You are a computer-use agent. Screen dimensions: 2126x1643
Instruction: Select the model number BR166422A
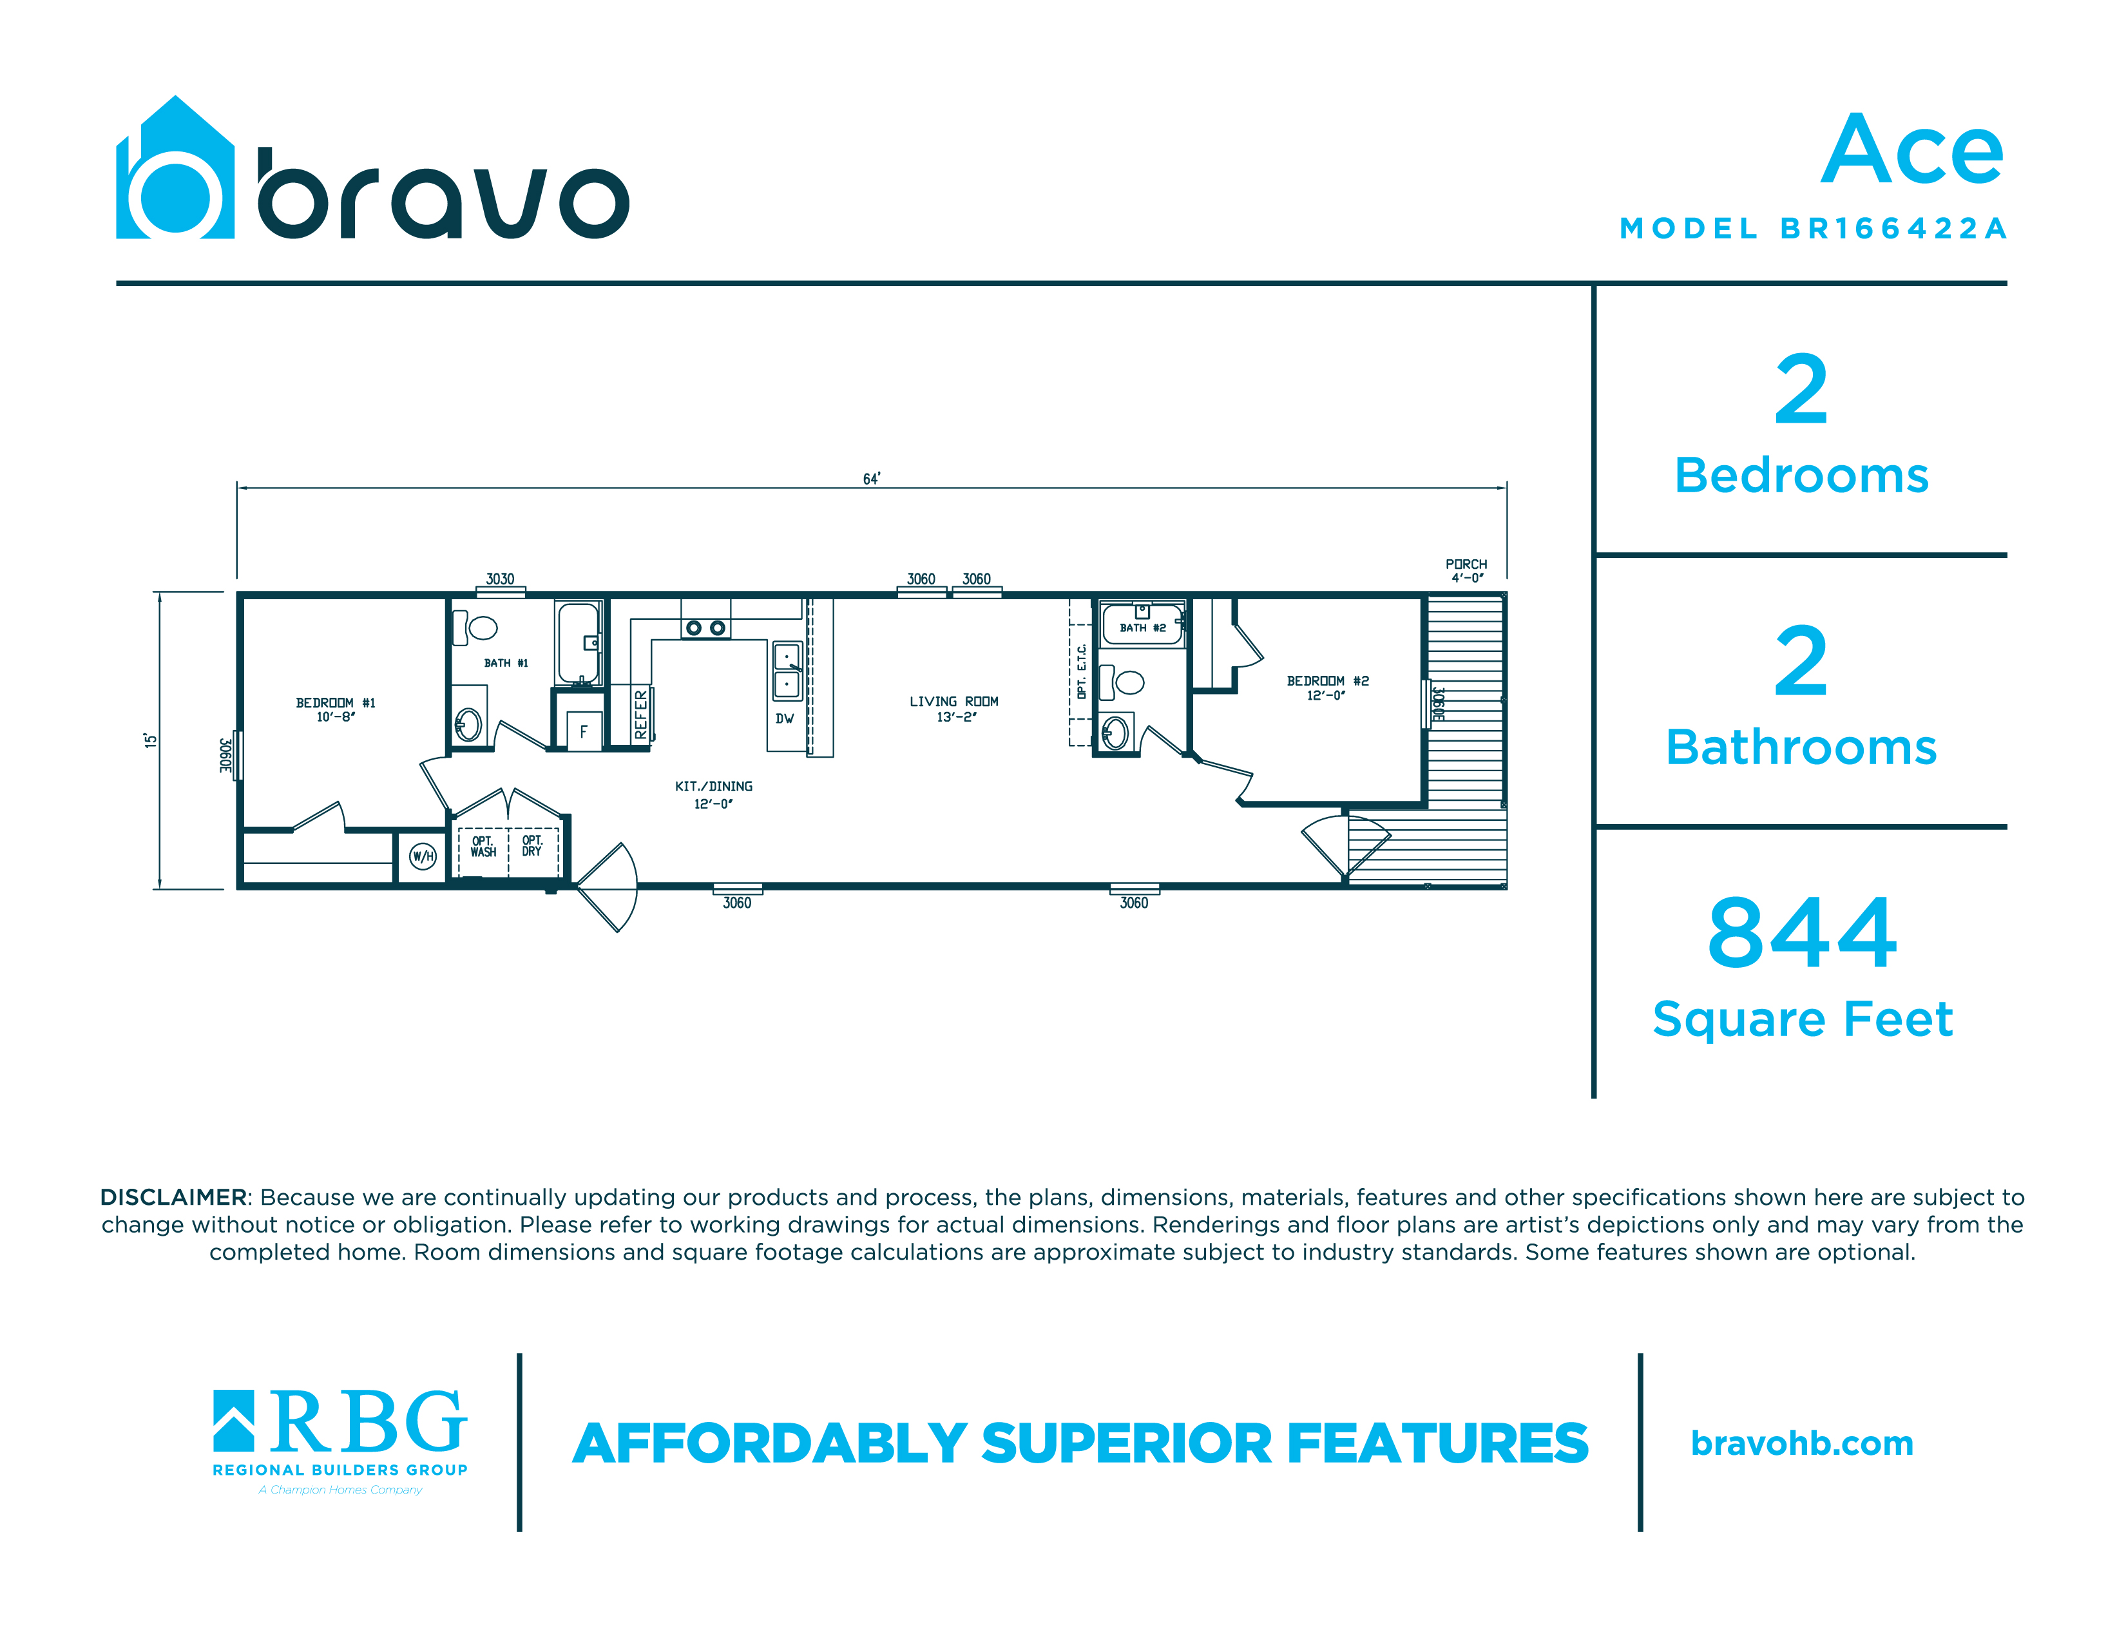pos(1893,229)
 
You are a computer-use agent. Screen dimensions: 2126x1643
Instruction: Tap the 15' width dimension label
pos(150,741)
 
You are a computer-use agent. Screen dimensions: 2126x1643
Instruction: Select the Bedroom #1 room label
pos(336,709)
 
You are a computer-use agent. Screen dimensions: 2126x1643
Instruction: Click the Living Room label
pos(954,709)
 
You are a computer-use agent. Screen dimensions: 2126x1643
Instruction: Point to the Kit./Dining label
pos(714,794)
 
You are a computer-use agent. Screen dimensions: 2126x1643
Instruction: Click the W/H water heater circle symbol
pos(423,856)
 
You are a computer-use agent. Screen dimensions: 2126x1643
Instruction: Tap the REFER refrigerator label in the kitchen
pos(640,715)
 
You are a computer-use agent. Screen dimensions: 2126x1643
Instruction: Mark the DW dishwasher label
pos(785,719)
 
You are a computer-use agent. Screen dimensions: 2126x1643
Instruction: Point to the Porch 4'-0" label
pos(1466,570)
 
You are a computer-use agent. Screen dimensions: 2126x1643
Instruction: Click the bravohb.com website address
pos(1802,1443)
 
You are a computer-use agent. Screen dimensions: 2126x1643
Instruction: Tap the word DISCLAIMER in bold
pos(173,1197)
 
